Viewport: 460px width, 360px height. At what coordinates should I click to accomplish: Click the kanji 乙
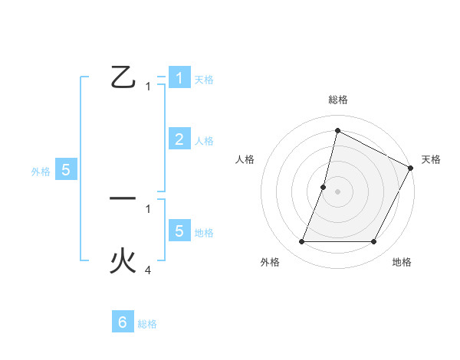point(123,77)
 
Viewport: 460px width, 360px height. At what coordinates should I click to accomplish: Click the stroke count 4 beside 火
point(148,270)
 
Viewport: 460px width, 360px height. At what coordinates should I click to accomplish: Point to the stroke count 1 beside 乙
point(148,87)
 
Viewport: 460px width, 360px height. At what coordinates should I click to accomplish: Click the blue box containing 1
point(179,77)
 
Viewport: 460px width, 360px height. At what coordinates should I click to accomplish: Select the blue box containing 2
point(179,139)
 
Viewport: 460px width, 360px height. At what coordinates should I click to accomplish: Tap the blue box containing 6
point(123,322)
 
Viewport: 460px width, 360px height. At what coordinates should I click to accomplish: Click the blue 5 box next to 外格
point(66,170)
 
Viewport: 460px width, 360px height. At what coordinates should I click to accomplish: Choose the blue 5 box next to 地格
point(179,231)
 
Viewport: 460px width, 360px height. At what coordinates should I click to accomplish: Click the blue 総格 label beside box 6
point(147,324)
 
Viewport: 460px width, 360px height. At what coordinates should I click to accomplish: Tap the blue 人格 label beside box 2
point(204,141)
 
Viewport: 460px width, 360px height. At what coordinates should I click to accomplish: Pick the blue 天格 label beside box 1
point(204,80)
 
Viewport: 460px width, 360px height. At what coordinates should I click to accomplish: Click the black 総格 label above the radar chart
point(337,100)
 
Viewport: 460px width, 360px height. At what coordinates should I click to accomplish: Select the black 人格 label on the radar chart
point(245,159)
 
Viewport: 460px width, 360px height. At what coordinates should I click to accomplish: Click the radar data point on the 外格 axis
point(301,242)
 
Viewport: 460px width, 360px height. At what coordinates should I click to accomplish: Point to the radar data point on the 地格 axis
point(374,242)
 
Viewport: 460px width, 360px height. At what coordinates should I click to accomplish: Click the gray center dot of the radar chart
point(337,191)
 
